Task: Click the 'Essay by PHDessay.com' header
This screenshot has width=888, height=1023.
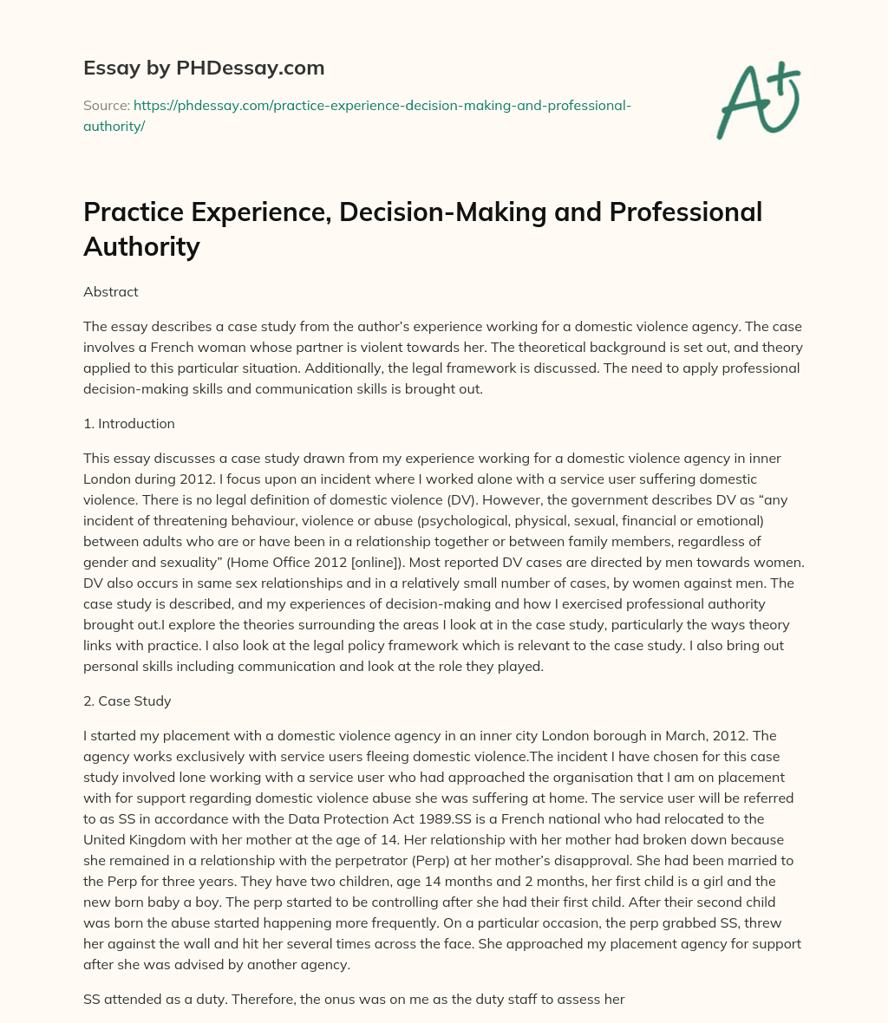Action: pos(203,68)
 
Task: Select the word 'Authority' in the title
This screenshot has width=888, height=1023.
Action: pos(141,246)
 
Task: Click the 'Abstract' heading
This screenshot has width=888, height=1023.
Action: pos(111,292)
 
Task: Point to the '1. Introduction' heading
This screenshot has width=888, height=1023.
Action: pos(129,424)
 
